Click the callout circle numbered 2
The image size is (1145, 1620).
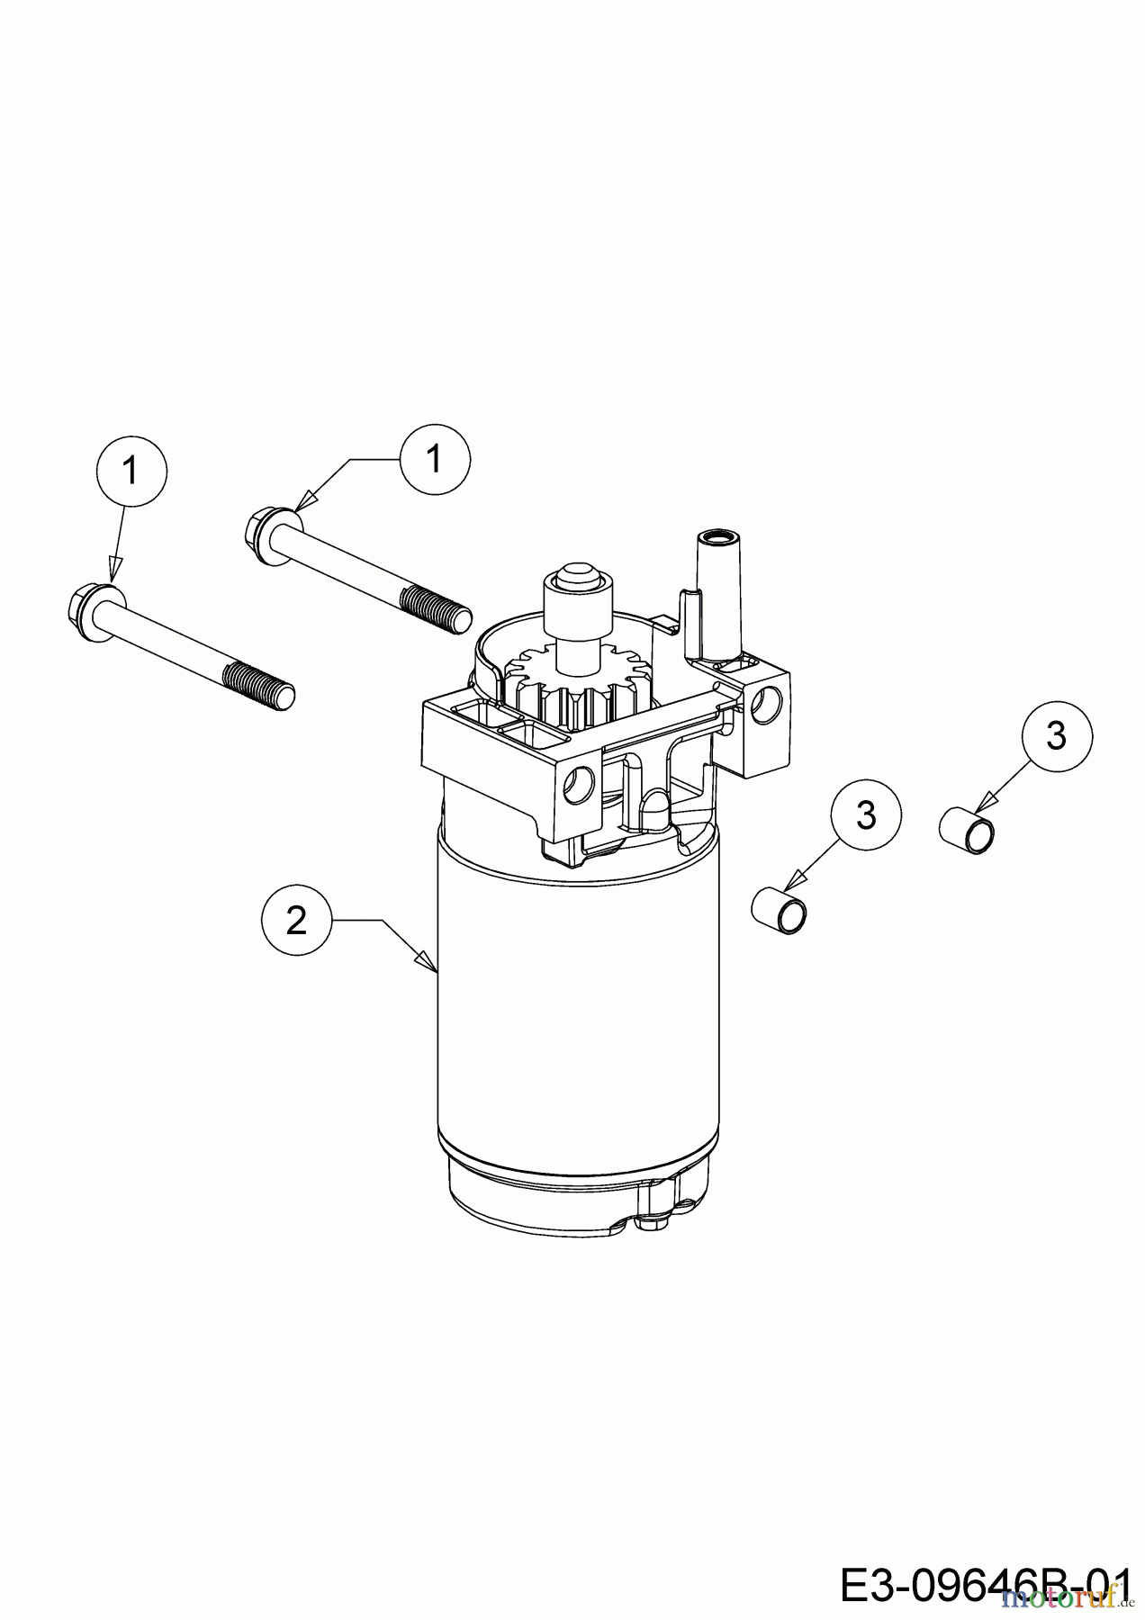coord(296,921)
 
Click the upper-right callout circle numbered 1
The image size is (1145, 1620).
coord(435,460)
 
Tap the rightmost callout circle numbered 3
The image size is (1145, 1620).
coord(1057,737)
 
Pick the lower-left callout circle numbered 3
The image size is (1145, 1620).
coord(866,815)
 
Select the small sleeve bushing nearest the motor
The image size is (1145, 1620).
coord(781,911)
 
